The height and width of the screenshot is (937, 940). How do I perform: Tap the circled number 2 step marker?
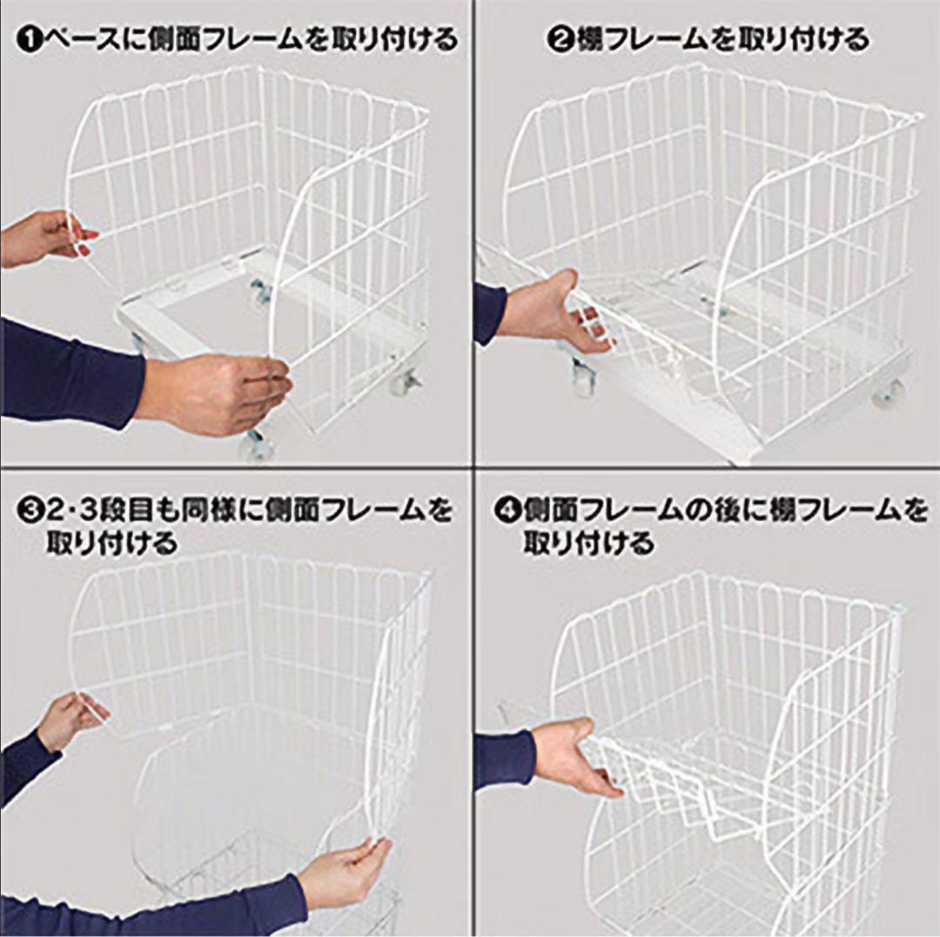pos(561,40)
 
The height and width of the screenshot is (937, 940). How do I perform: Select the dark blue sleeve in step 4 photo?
pos(505,759)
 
